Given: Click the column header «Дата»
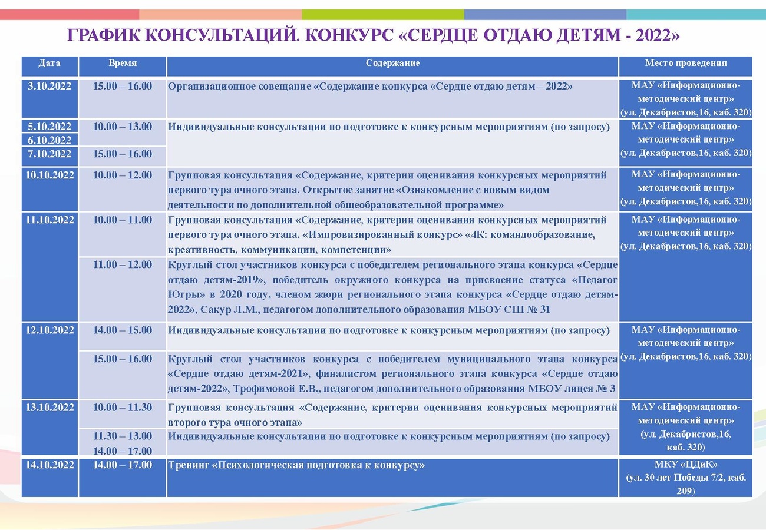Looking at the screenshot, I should click(x=49, y=63).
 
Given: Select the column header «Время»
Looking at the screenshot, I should click(x=123, y=63).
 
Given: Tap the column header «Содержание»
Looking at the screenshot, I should click(x=392, y=63).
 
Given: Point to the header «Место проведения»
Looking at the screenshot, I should click(x=686, y=63).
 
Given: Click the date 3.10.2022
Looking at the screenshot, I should click(x=49, y=86).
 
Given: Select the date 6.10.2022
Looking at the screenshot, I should click(x=49, y=140).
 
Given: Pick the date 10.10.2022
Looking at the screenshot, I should click(x=49, y=175).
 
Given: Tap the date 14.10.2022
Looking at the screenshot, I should click(x=49, y=465).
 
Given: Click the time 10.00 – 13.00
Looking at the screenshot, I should click(x=123, y=127).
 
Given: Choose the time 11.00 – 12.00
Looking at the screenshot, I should click(x=123, y=264).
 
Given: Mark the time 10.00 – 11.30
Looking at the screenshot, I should click(x=123, y=408).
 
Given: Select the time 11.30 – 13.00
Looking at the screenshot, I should click(x=123, y=436).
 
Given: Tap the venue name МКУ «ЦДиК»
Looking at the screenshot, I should click(x=686, y=464).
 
